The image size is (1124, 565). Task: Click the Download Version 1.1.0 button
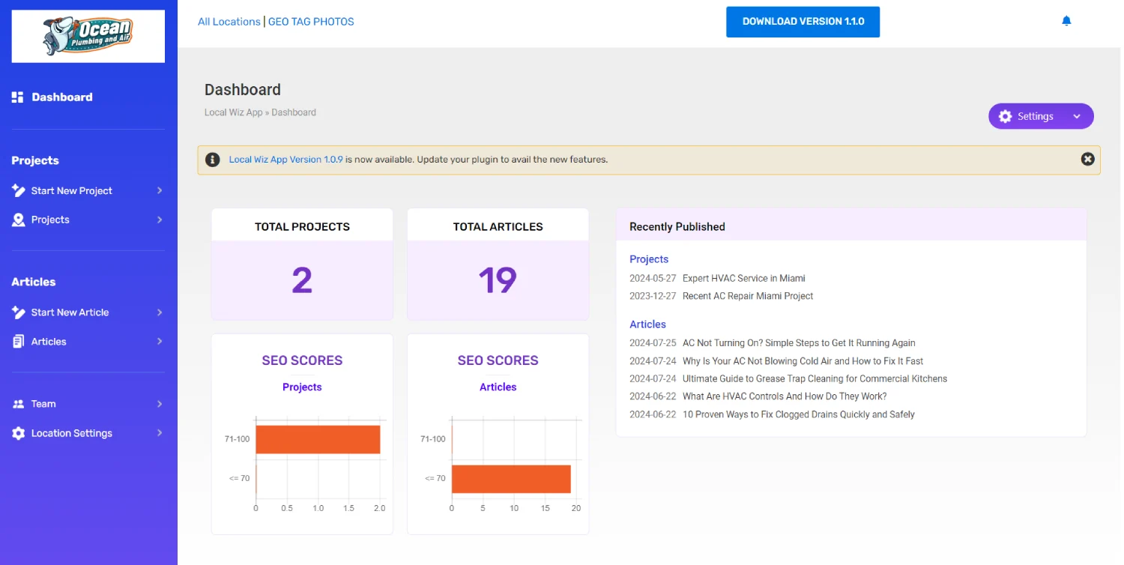pyautogui.click(x=803, y=22)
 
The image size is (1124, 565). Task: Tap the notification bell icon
pyautogui.click(x=1066, y=20)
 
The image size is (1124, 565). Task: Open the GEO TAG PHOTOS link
pyautogui.click(x=311, y=22)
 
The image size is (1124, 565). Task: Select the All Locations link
pyautogui.click(x=229, y=22)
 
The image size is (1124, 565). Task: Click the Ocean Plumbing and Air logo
pyautogui.click(x=88, y=36)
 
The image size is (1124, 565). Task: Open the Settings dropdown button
pyautogui.click(x=1041, y=116)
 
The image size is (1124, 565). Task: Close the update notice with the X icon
pyautogui.click(x=1087, y=159)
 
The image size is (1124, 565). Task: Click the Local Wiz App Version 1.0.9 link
pyautogui.click(x=285, y=160)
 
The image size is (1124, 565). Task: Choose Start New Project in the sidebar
pyautogui.click(x=72, y=190)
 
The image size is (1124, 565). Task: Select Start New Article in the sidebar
pyautogui.click(x=70, y=312)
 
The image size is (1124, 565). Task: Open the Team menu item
pyautogui.click(x=43, y=404)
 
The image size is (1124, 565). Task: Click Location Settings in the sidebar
pyautogui.click(x=72, y=433)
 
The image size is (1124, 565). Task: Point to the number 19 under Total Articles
pyautogui.click(x=498, y=280)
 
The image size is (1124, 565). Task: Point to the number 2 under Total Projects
pyautogui.click(x=302, y=280)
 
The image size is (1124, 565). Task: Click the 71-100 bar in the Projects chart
pyautogui.click(x=318, y=440)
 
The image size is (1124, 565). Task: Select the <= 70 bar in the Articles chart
pyautogui.click(x=511, y=479)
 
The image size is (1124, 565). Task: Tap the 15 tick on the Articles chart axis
pyautogui.click(x=545, y=508)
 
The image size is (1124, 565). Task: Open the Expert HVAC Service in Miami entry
pyautogui.click(x=743, y=279)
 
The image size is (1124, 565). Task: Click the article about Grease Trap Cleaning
pyautogui.click(x=815, y=379)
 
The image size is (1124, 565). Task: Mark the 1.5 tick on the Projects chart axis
pyautogui.click(x=348, y=508)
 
